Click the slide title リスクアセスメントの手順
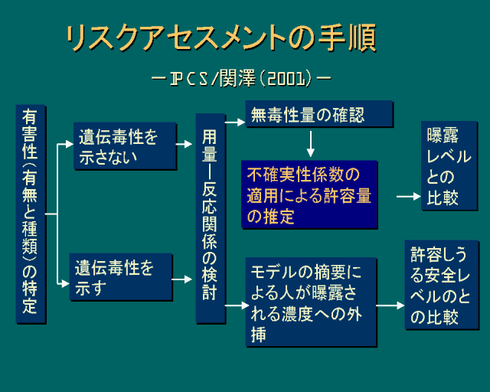(x=220, y=38)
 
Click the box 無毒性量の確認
(x=318, y=115)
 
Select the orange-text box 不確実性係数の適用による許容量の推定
(x=310, y=194)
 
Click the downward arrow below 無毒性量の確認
(x=311, y=144)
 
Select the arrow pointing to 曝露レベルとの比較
(x=408, y=197)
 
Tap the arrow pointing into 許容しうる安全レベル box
(x=390, y=305)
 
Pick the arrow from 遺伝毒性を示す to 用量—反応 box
(x=183, y=279)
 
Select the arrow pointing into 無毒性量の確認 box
(x=234, y=120)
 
